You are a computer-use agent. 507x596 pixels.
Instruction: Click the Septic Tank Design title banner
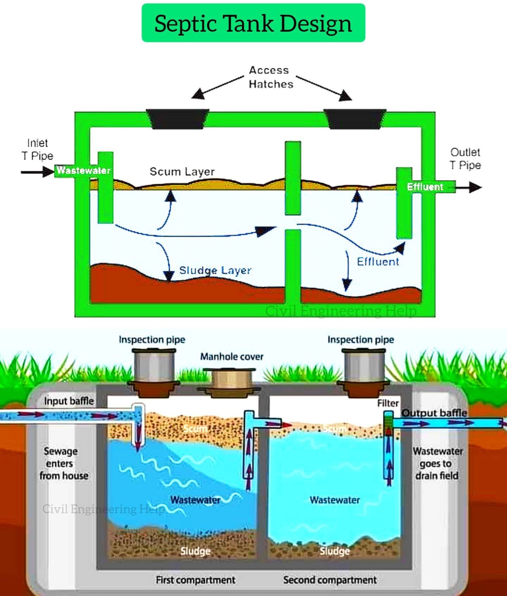click(x=254, y=23)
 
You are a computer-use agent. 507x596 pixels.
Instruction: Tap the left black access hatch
click(x=177, y=119)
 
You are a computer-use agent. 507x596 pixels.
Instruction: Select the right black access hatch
click(x=355, y=119)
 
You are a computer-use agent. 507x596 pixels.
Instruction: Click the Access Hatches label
click(x=270, y=77)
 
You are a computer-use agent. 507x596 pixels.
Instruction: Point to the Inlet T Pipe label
click(x=37, y=149)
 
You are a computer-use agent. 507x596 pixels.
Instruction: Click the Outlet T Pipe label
click(x=465, y=159)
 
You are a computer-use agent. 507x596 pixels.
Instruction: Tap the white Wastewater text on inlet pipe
click(x=83, y=170)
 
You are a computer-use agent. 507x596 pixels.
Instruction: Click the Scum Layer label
click(x=182, y=172)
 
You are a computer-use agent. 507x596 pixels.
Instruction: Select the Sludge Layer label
click(x=215, y=271)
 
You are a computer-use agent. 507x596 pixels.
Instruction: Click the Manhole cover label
click(x=232, y=357)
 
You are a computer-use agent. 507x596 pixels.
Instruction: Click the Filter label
click(x=388, y=403)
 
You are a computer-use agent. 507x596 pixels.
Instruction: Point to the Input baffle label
click(x=69, y=401)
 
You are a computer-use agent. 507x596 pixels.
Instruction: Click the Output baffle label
click(x=434, y=413)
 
